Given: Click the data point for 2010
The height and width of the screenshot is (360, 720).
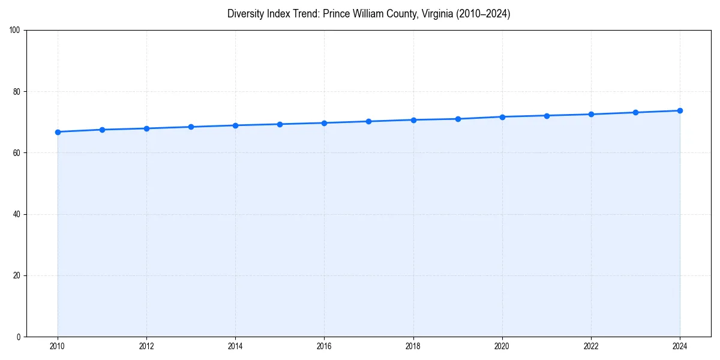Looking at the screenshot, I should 58,132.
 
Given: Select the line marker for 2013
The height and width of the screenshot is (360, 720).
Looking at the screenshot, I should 191,127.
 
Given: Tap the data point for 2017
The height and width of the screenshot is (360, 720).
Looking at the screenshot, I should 368,121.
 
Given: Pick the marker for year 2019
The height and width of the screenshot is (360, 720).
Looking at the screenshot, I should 458,119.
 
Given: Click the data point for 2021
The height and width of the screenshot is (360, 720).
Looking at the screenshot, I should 547,115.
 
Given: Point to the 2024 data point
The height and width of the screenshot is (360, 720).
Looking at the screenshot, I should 680,110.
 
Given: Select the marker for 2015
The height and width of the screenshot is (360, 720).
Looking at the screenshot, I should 280,124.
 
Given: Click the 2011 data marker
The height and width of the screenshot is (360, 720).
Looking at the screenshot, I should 102,130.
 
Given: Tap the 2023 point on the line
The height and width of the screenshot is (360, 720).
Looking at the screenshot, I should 635,112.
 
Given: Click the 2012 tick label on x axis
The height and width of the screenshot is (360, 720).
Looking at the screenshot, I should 146,346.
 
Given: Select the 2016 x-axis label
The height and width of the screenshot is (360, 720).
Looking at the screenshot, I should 324,346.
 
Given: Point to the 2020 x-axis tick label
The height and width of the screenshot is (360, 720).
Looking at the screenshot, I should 502,346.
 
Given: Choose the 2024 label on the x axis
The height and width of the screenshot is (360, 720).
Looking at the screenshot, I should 680,346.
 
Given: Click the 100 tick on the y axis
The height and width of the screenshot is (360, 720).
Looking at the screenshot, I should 15,31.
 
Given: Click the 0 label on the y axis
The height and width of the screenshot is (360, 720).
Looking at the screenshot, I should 19,337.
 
